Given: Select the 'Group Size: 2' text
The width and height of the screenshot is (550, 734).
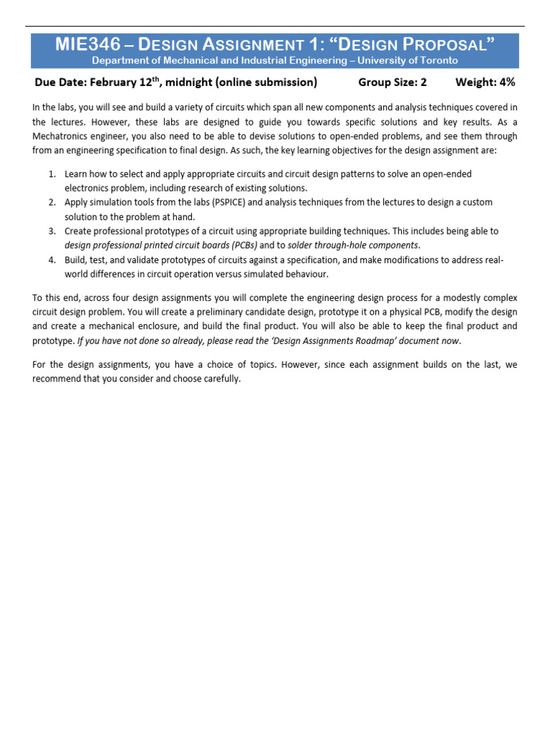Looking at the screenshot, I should (x=392, y=82).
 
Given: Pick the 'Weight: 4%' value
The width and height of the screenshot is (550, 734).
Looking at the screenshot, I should (x=485, y=82).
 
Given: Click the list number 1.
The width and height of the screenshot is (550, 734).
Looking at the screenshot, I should (x=52, y=174).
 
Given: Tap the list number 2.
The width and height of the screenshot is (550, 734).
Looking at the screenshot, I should (x=52, y=203).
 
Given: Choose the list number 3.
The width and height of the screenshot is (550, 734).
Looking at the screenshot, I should (x=52, y=232).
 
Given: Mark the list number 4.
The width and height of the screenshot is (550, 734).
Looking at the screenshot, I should (x=52, y=260).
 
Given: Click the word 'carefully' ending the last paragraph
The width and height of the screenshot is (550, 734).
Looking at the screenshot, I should (x=220, y=379).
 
